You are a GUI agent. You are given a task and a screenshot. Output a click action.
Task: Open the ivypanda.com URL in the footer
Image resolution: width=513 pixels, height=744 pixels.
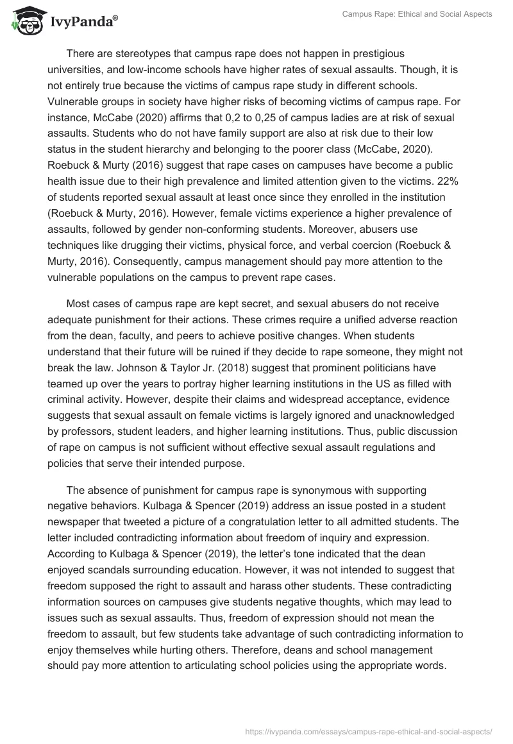(x=369, y=731)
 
